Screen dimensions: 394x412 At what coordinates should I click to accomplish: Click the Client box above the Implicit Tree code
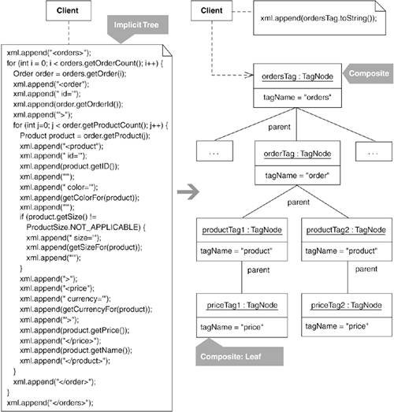tap(69, 10)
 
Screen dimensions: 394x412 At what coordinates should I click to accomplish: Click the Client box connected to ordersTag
tap(212, 10)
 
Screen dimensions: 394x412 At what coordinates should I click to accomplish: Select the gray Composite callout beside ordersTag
tap(368, 73)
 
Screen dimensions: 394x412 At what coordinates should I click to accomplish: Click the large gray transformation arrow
tap(188, 191)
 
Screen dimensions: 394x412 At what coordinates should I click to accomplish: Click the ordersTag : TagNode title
tap(297, 76)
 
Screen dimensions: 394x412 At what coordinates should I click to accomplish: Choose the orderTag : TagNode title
tap(297, 154)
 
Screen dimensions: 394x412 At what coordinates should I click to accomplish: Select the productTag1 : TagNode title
tap(242, 230)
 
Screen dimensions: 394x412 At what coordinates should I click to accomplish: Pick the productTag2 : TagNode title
tap(346, 230)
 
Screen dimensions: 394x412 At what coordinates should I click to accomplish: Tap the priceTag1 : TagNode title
tap(242, 305)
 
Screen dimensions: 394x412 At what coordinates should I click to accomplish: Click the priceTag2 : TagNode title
tap(346, 305)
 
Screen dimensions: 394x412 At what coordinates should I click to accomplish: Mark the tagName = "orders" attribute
tap(297, 98)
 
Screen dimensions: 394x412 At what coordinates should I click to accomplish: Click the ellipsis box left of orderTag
tap(214, 150)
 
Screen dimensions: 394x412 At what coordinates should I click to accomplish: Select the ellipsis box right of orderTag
tap(374, 151)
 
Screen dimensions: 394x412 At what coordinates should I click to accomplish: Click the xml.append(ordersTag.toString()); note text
tap(318, 18)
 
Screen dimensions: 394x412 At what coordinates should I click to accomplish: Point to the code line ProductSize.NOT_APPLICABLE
tap(86, 227)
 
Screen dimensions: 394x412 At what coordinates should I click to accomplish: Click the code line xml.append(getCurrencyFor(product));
tap(86, 309)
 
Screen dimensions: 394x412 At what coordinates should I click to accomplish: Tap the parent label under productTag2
tap(366, 269)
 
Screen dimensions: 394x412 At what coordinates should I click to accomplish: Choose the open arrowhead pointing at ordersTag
tap(249, 75)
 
